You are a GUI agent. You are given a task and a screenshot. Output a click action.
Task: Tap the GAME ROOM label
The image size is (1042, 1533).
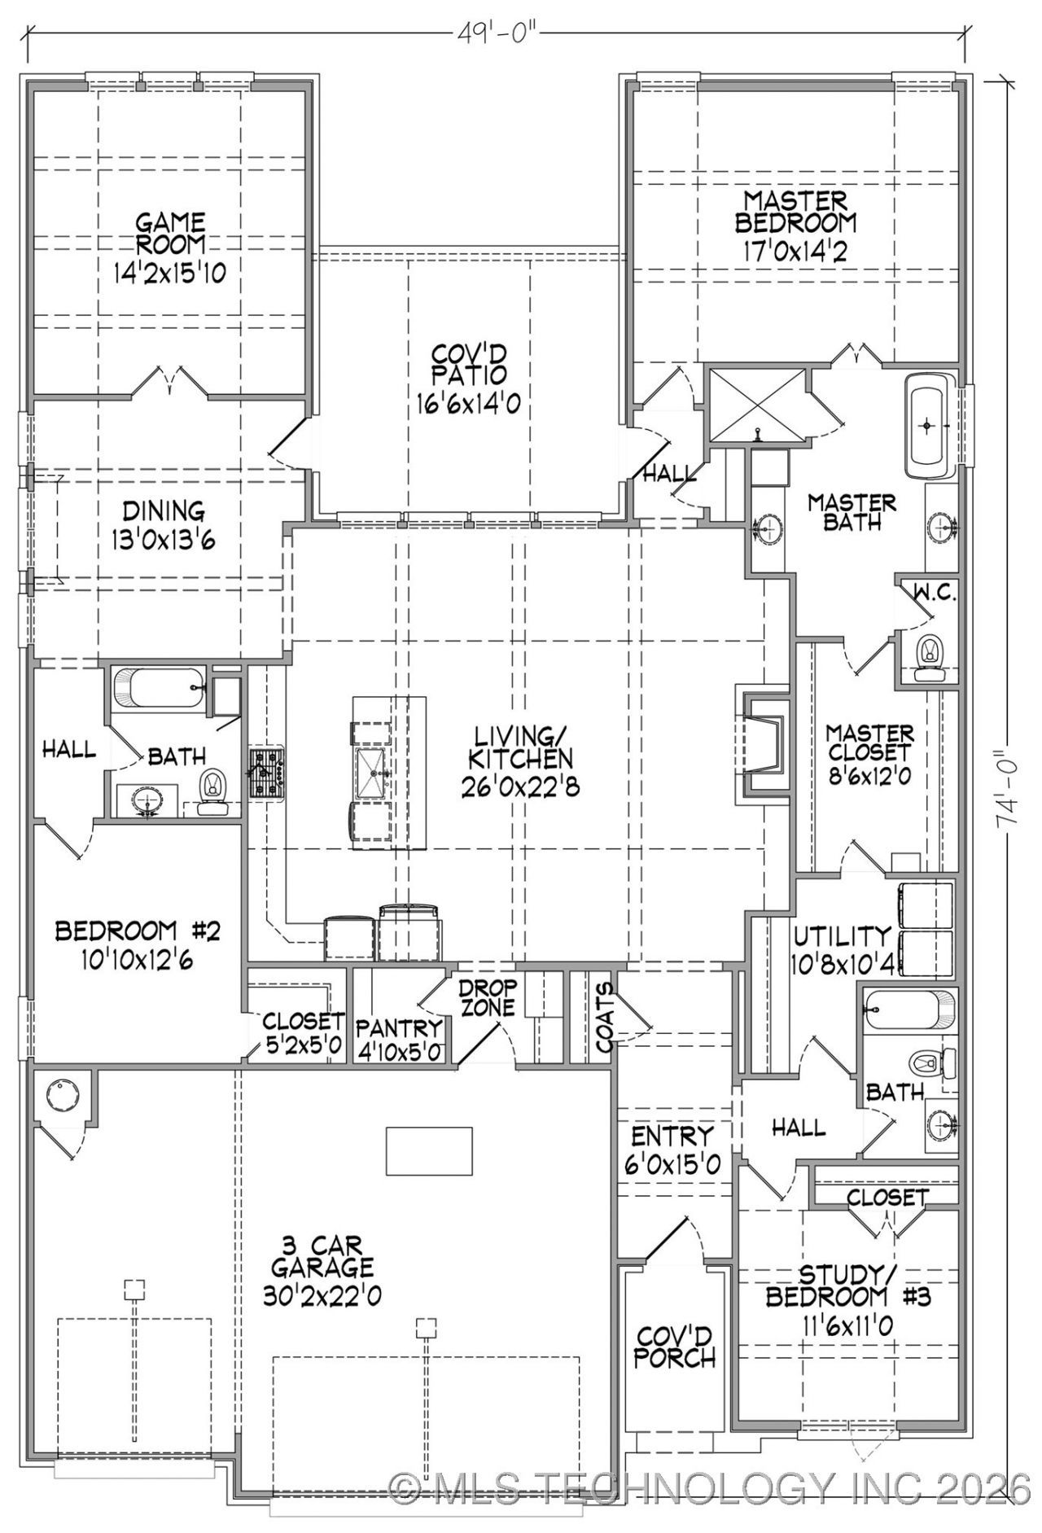pyautogui.click(x=170, y=233)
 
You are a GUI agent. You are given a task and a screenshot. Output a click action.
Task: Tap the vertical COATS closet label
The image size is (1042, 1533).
pyautogui.click(x=604, y=1018)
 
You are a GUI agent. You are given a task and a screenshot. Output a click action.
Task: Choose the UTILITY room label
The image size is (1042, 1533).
pyautogui.click(x=843, y=936)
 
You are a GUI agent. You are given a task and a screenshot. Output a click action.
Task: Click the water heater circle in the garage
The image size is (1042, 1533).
pyautogui.click(x=62, y=1096)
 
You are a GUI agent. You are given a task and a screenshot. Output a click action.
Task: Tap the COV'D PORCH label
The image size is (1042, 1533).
pyautogui.click(x=675, y=1346)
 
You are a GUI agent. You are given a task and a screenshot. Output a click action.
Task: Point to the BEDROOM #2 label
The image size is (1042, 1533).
pyautogui.click(x=138, y=931)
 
